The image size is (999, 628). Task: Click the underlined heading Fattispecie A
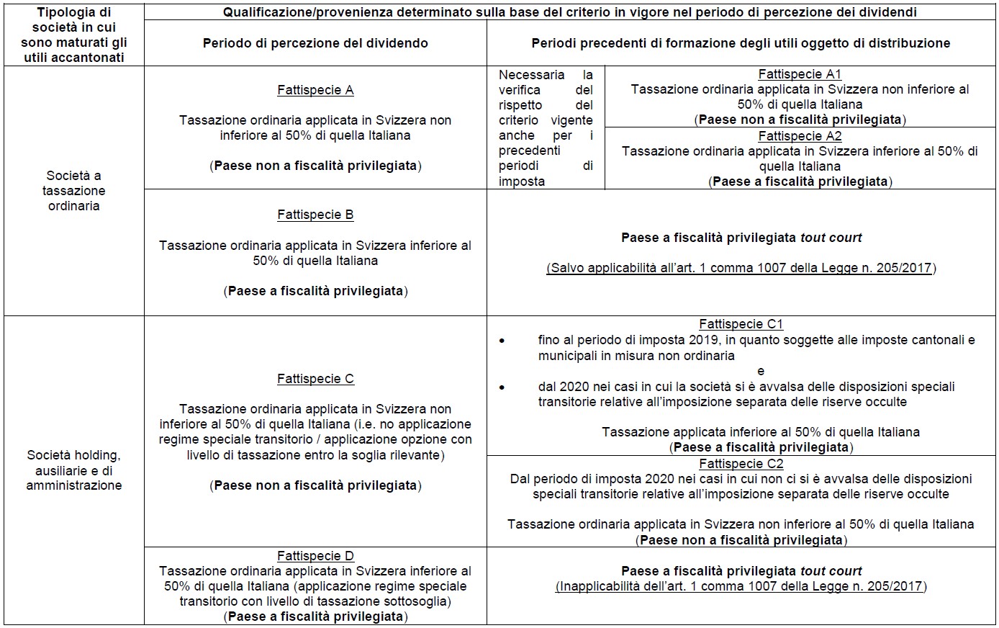315,90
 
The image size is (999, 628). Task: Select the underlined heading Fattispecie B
315,215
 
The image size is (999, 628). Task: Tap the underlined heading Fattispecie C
315,379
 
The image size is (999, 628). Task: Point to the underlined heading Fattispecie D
315,556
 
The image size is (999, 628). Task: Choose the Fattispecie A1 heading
800,74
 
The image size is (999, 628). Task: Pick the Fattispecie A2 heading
800,136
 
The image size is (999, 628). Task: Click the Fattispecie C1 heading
741,325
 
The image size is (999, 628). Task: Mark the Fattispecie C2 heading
741,464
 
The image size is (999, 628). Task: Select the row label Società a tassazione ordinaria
73,191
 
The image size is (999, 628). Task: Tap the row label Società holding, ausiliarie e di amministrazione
73,470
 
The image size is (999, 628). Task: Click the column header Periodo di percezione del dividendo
315,43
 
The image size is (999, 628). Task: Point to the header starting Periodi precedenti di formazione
741,43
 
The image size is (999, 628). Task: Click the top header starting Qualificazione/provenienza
570,12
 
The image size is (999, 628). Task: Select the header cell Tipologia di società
73,35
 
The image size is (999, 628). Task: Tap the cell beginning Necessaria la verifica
546,128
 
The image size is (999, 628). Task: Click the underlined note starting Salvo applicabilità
741,268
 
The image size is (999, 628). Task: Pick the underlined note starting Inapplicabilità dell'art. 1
741,586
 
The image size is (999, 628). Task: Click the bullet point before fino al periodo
502,340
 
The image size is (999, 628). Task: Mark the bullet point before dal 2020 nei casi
502,387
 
